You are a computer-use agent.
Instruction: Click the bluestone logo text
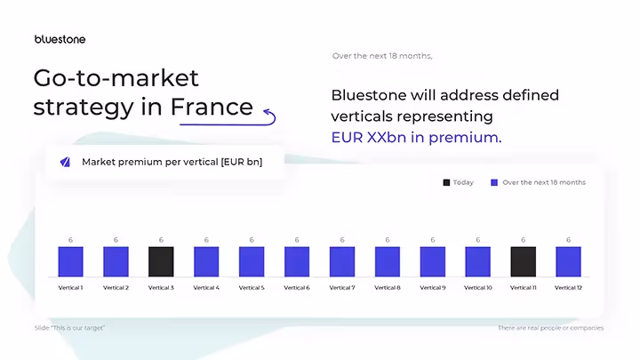coord(60,39)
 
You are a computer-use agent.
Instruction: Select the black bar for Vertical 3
coord(161,261)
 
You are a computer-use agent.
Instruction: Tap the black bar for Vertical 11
coord(523,261)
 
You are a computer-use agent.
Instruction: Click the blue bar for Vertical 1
coord(70,261)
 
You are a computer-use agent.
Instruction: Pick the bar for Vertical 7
coord(342,261)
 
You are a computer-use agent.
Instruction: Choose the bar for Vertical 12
coord(568,261)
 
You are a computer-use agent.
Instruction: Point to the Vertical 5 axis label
coord(252,288)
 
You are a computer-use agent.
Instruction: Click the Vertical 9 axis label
coord(433,288)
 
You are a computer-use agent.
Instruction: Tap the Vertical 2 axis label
coord(116,288)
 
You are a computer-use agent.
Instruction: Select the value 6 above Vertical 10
coord(478,240)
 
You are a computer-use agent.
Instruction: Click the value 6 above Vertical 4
coord(206,240)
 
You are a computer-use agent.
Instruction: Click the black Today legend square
coord(446,182)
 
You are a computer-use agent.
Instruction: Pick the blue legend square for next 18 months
coord(494,182)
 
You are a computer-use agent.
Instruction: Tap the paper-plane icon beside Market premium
coord(65,162)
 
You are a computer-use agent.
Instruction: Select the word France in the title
coord(212,108)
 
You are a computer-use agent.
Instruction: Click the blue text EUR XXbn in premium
coord(416,138)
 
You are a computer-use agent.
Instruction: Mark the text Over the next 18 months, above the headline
coord(382,56)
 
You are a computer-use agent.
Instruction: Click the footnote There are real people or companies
coord(550,328)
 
